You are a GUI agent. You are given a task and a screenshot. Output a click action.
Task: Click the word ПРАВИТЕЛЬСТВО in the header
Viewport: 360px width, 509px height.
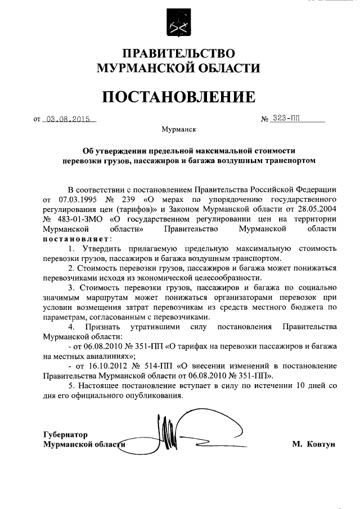(x=179, y=54)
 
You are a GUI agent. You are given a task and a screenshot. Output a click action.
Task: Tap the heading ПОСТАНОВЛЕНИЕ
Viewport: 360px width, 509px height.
(x=179, y=96)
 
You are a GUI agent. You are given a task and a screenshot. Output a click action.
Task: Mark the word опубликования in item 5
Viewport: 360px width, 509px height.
(x=155, y=395)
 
